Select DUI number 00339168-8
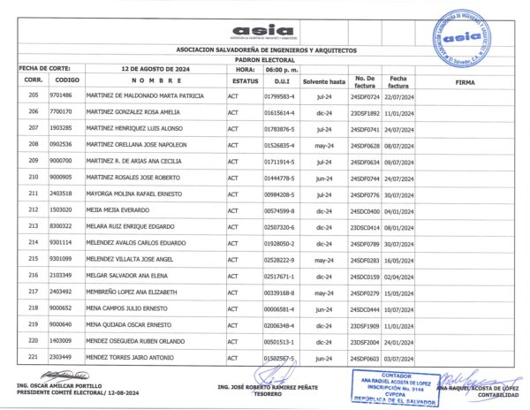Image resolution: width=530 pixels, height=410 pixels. coord(279,292)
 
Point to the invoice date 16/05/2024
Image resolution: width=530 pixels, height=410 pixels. coord(406,259)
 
